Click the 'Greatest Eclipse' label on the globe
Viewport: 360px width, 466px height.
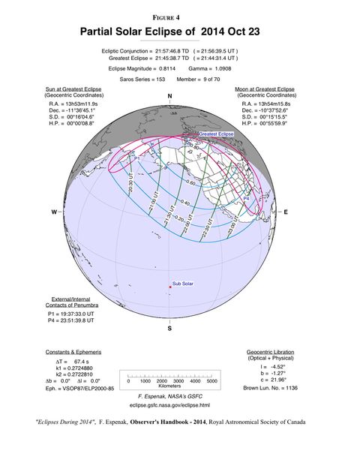click(216, 134)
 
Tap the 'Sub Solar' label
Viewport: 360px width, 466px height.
click(184, 283)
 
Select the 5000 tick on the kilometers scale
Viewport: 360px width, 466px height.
click(211, 380)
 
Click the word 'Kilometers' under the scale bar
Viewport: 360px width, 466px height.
click(170, 388)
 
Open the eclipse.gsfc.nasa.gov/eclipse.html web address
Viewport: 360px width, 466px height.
click(170, 404)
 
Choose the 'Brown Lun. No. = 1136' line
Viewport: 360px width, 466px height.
click(271, 387)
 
